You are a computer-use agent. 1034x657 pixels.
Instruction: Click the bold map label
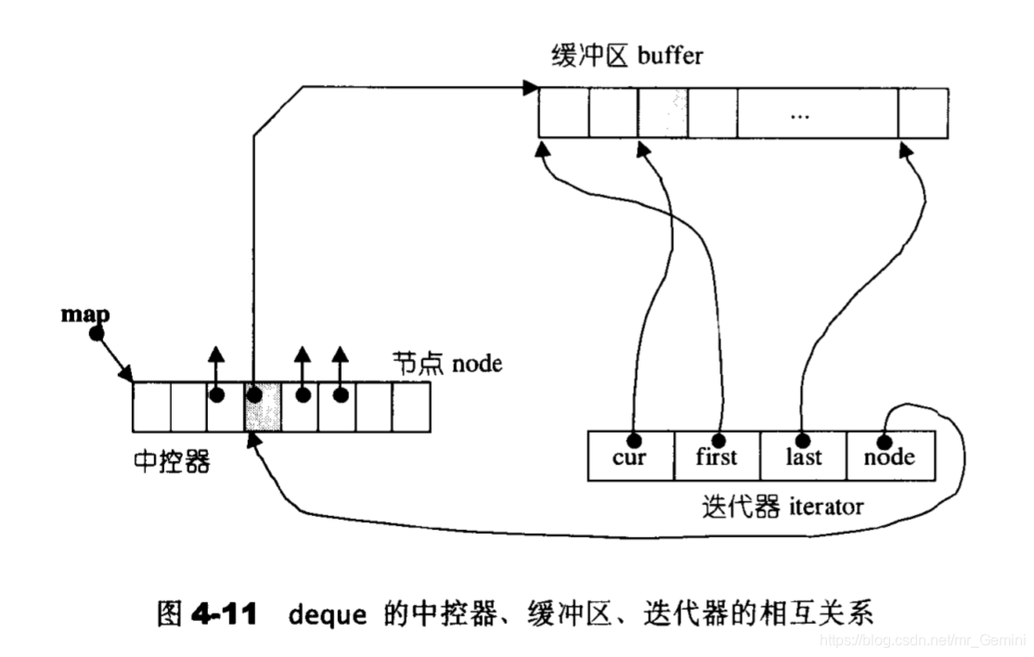pos(85,314)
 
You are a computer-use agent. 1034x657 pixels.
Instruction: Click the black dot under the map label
pos(96,334)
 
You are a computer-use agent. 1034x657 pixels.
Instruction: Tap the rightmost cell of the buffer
pos(923,114)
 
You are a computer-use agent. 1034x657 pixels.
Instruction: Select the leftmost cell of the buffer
pos(563,114)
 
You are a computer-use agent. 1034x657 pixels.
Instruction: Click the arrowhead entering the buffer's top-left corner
pos(531,88)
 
